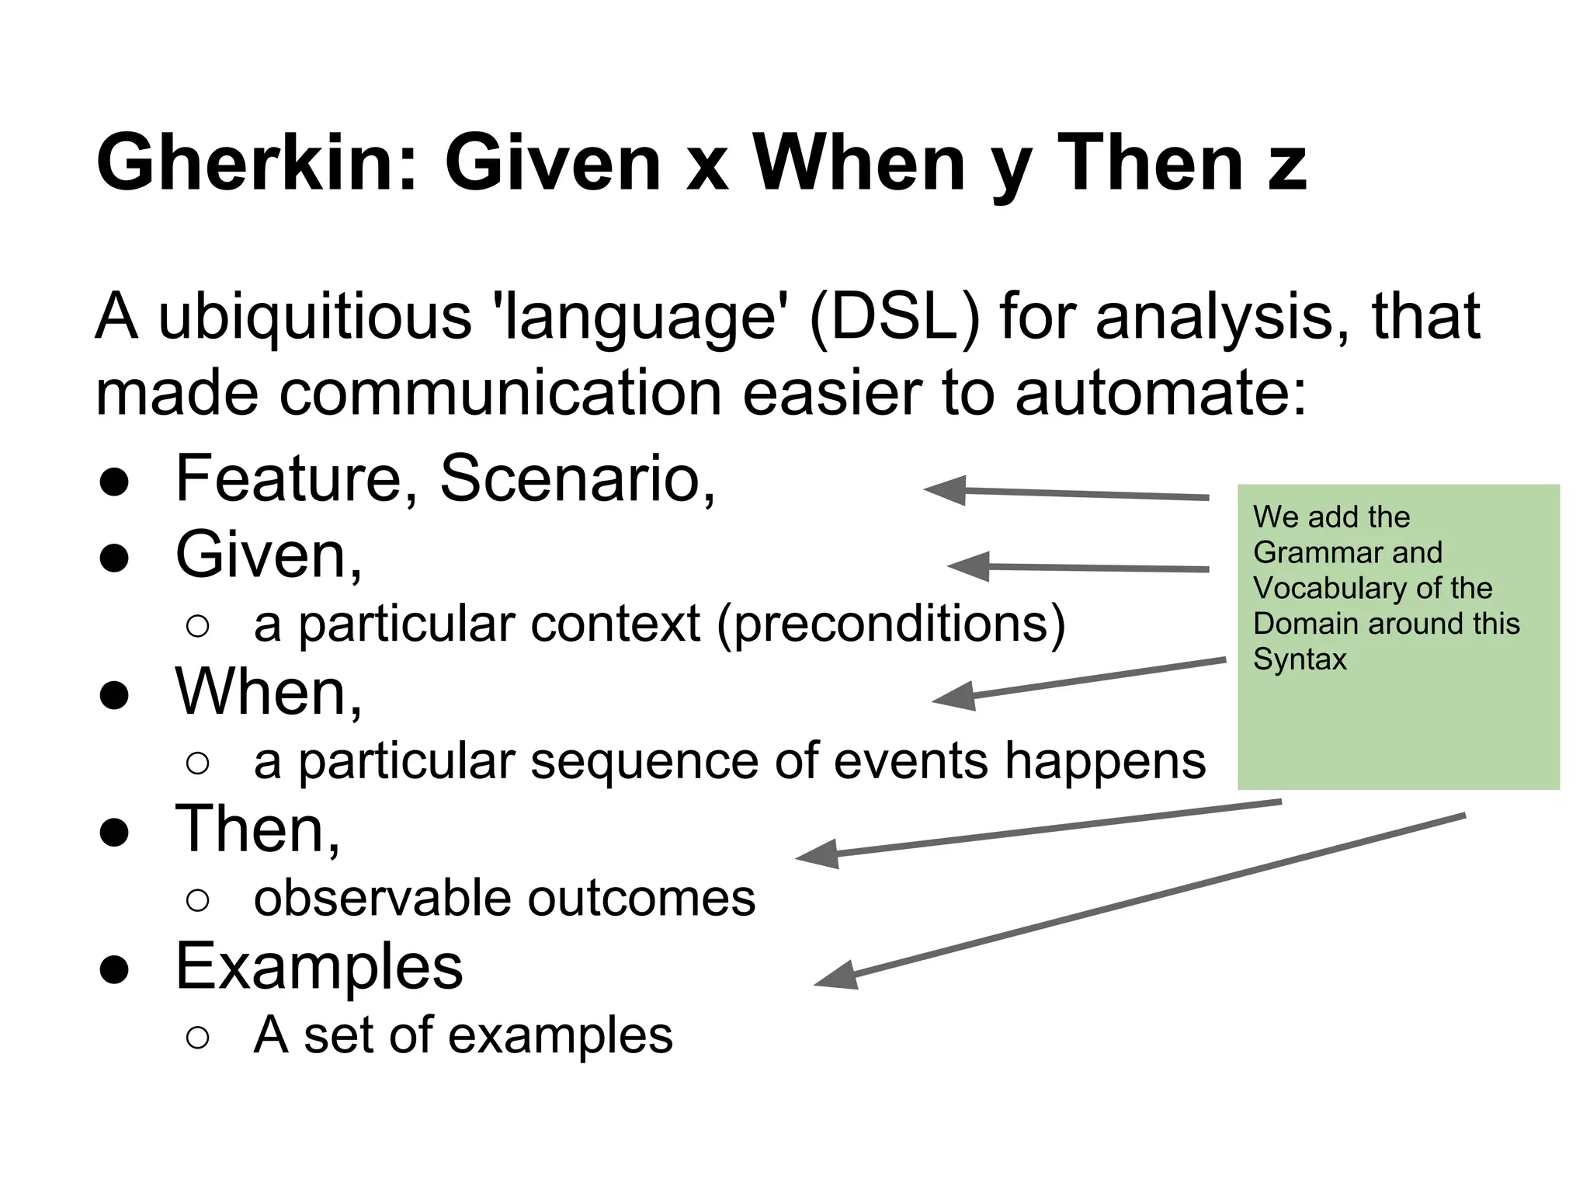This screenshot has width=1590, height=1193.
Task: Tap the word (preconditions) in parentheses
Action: coord(890,624)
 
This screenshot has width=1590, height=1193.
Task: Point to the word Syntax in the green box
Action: coord(1300,659)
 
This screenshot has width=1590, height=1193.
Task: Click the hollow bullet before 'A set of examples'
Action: coord(198,1038)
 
